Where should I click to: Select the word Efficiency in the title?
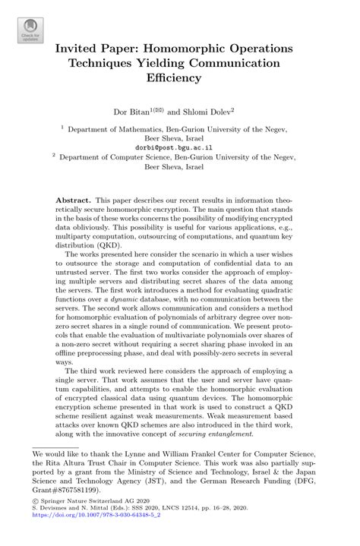(x=180, y=77)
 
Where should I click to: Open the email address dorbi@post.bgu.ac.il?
(x=179, y=148)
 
